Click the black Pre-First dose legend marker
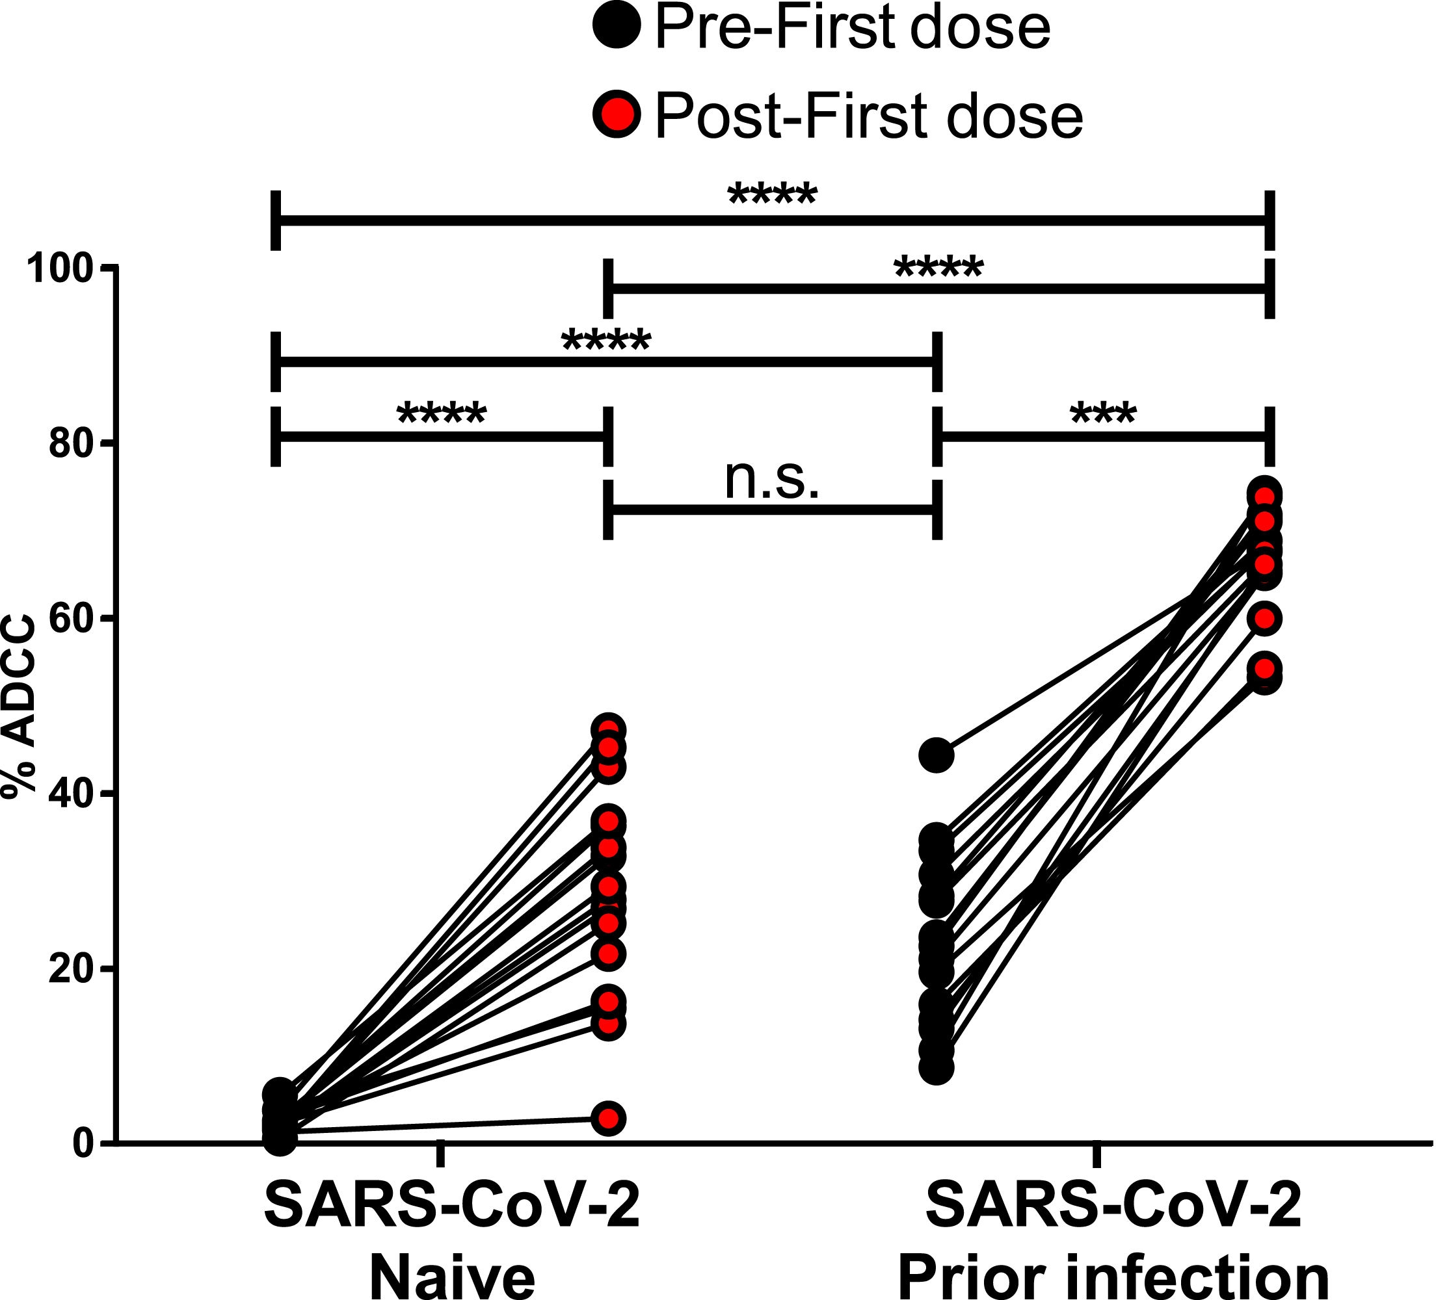click(x=617, y=25)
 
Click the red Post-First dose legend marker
click(x=617, y=114)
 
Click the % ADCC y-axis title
click(x=20, y=705)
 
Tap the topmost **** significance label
click(x=772, y=194)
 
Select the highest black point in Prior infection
click(x=937, y=755)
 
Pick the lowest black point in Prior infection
click(x=937, y=1069)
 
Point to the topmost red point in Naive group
click(x=608, y=730)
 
